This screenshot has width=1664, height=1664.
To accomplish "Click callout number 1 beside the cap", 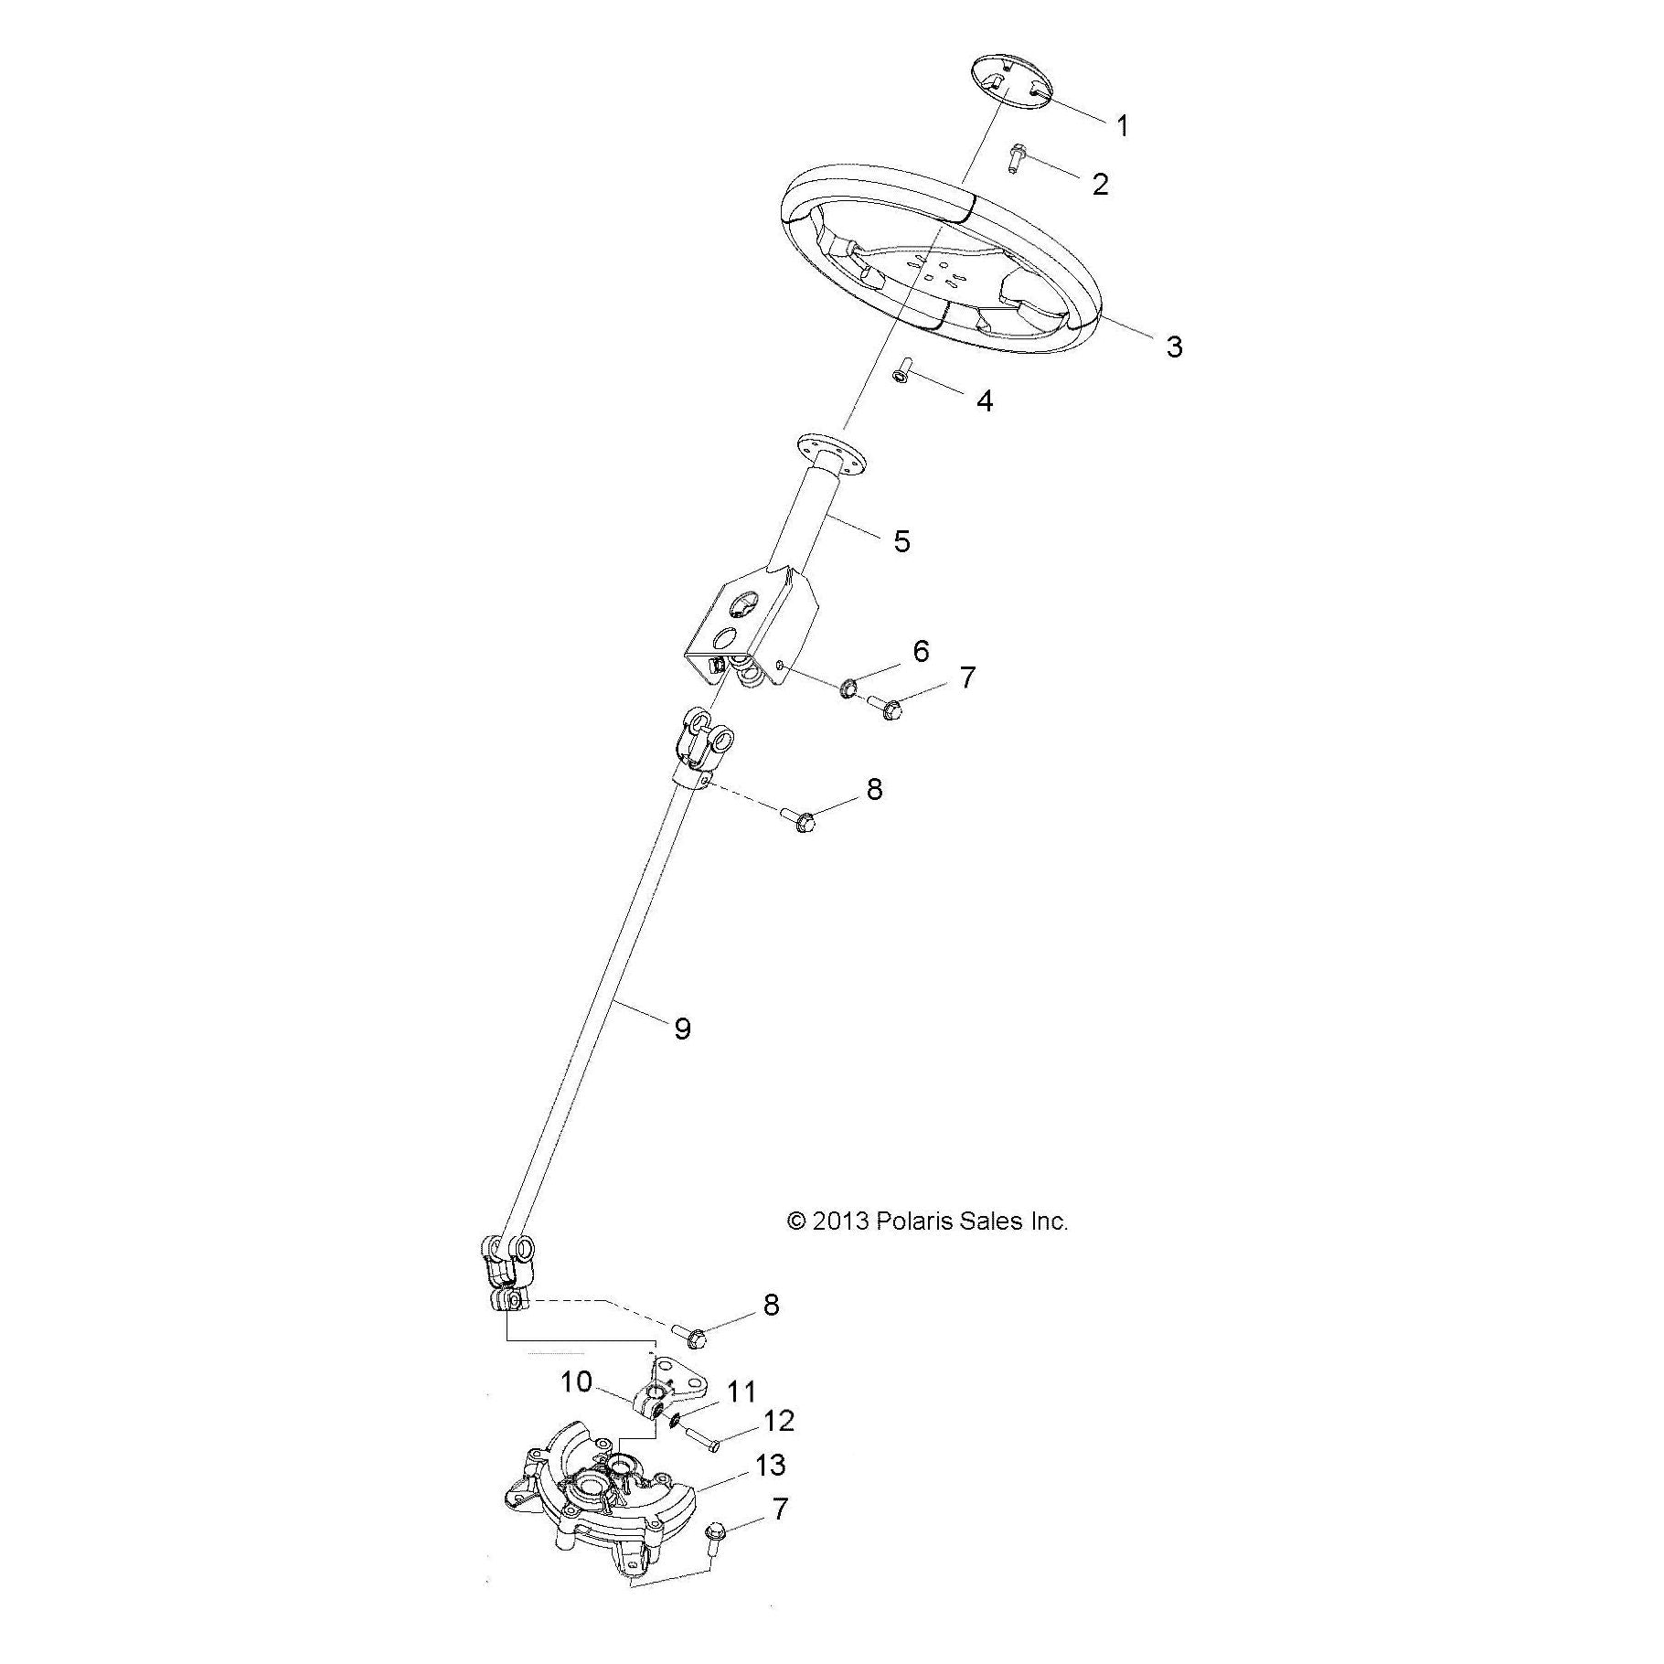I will [1123, 125].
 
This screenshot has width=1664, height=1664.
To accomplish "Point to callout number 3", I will [1173, 347].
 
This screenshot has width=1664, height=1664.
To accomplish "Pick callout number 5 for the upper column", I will [901, 541].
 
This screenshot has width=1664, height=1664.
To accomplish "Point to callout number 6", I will [920, 651].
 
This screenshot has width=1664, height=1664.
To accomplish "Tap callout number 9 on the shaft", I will [682, 1029].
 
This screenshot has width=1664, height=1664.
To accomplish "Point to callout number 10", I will [576, 1381].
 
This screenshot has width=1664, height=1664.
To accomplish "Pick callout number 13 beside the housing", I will [770, 1491].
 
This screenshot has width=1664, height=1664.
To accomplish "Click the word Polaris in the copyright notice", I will [915, 1221].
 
